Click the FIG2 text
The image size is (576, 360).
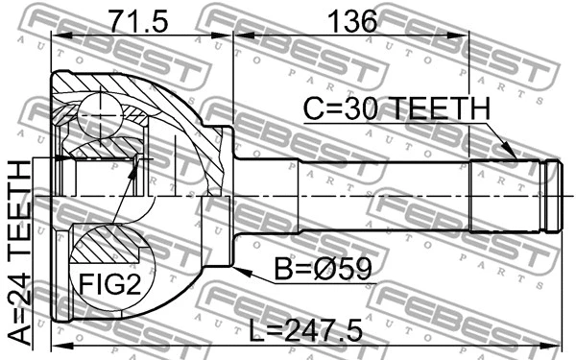coord(108,284)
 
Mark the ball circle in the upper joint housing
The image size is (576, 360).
coord(100,114)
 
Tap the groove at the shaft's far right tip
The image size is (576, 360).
coord(552,196)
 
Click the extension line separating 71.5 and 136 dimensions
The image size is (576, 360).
coord(231,77)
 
